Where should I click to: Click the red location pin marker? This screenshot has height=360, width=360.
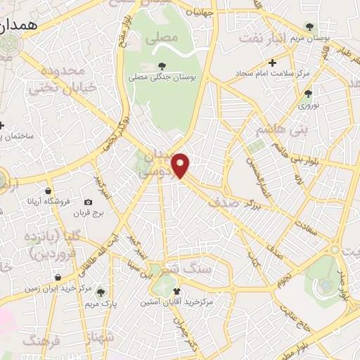(x=181, y=165)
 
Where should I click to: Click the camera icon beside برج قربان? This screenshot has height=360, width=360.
(x=88, y=202)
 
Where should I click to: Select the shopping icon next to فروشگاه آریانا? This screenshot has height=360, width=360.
(x=47, y=191)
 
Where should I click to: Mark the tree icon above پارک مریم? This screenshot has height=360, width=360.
(x=101, y=292)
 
